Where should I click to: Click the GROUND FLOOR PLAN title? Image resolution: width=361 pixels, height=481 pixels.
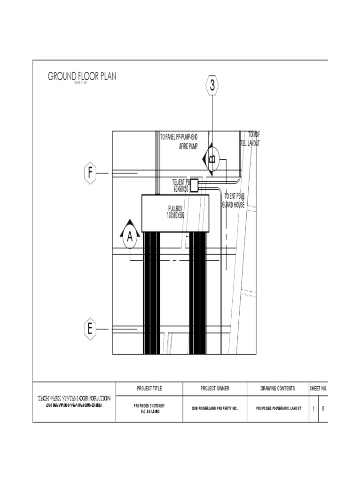click(82, 76)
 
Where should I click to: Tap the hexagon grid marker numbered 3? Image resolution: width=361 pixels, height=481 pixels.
click(212, 85)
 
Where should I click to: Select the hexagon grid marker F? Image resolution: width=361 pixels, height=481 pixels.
click(90, 173)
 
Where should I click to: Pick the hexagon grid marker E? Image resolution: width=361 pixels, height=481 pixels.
click(89, 329)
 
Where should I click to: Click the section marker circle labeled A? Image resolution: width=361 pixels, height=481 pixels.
click(129, 238)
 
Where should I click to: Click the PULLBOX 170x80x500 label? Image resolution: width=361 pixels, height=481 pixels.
click(175, 212)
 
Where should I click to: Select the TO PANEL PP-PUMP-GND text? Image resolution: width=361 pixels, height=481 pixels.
click(179, 137)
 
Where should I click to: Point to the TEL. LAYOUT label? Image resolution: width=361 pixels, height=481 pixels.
click(250, 143)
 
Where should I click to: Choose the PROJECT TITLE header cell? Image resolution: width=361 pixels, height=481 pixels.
click(149, 388)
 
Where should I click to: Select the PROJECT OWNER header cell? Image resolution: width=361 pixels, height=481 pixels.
click(215, 388)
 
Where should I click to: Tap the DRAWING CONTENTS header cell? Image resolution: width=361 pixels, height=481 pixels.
click(278, 388)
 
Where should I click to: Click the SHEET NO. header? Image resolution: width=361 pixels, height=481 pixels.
click(318, 388)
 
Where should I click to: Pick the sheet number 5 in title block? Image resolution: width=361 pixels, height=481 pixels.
click(323, 409)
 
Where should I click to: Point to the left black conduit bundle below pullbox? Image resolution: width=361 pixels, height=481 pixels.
click(151, 291)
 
